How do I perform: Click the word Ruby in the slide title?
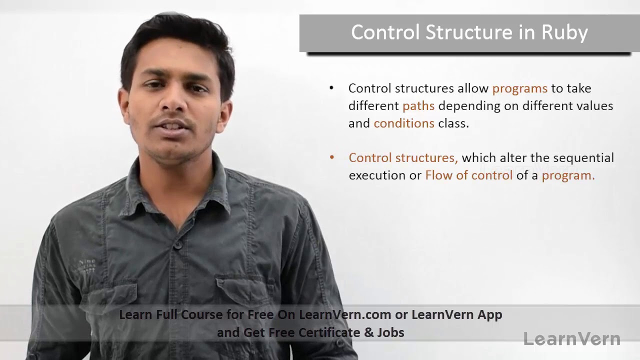pyautogui.click(x=564, y=33)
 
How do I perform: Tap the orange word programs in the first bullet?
pyautogui.click(x=519, y=88)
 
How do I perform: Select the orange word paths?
pyautogui.click(x=418, y=106)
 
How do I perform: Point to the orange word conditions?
pyautogui.click(x=403, y=123)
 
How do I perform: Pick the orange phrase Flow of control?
pyautogui.click(x=468, y=175)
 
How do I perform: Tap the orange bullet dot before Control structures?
pyautogui.click(x=331, y=157)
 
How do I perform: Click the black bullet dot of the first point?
pyautogui.click(x=331, y=88)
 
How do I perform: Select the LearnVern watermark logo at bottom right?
pyautogui.click(x=571, y=339)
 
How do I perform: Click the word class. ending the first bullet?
pyautogui.click(x=453, y=123)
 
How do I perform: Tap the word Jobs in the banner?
pyautogui.click(x=391, y=332)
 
